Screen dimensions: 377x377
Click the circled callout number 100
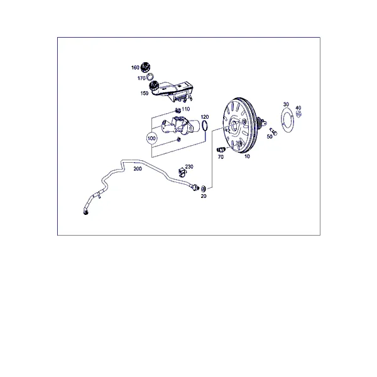point(151,138)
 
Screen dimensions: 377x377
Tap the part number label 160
point(135,68)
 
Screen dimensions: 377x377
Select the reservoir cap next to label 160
point(146,67)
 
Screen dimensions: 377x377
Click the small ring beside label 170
point(150,77)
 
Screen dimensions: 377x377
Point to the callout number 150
point(145,93)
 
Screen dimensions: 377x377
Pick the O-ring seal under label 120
point(205,126)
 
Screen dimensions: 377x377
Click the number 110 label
point(185,109)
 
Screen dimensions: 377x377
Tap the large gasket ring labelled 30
point(288,120)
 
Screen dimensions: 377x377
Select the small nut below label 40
point(299,114)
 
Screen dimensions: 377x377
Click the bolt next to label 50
point(273,131)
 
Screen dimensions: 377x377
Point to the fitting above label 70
point(221,150)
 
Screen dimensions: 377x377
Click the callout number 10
point(247,156)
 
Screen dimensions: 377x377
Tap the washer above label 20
point(203,188)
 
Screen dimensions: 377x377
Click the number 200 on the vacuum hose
point(138,169)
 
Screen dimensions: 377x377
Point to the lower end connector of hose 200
point(85,212)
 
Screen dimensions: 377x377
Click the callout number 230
point(189,167)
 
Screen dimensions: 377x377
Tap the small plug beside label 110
point(178,111)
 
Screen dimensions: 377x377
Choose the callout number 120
point(205,117)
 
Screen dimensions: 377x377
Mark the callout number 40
point(298,107)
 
